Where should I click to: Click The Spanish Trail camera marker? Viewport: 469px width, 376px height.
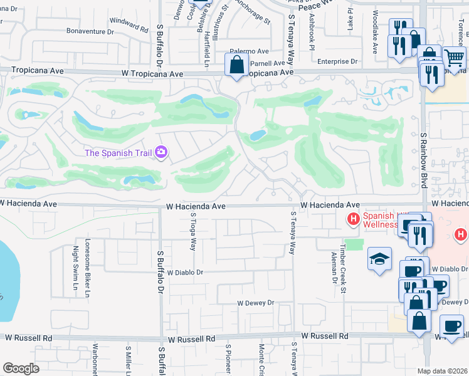point(161,152)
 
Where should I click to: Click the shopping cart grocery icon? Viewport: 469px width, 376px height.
point(454,58)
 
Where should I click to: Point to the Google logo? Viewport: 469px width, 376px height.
point(20,368)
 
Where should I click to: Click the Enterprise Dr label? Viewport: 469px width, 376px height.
point(337,61)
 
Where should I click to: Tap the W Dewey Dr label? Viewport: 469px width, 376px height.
point(255,303)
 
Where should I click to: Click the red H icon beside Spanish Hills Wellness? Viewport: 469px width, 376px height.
point(353,219)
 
